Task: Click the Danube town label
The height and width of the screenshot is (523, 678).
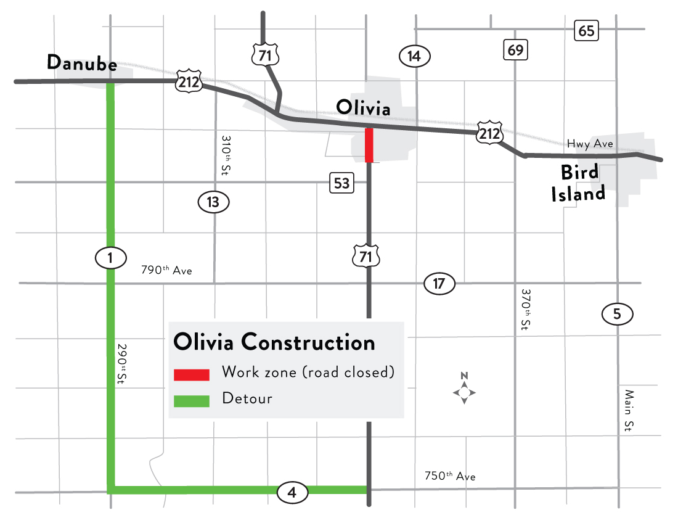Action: pos(82,63)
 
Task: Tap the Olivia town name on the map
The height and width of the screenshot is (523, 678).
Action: pos(363,109)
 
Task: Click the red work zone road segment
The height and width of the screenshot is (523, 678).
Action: pos(369,145)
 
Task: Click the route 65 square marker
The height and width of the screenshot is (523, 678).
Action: pos(586,30)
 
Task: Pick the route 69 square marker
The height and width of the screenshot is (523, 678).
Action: pos(515,49)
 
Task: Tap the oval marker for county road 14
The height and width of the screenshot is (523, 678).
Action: pos(414,56)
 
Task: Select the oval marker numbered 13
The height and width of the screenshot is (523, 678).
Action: pos(213,202)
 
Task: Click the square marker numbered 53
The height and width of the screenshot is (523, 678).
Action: pos(341,183)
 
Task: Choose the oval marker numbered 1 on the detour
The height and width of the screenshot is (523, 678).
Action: pos(110,258)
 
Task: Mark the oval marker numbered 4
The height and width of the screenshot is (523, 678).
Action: pos(292,492)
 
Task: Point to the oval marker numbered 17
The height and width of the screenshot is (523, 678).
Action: pos(439,284)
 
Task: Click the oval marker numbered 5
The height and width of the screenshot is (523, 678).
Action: pos(617,315)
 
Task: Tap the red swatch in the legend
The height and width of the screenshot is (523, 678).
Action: pos(192,374)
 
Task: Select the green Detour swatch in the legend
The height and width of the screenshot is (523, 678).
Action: pos(192,400)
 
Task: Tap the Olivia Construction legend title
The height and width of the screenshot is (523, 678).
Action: pos(274,342)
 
